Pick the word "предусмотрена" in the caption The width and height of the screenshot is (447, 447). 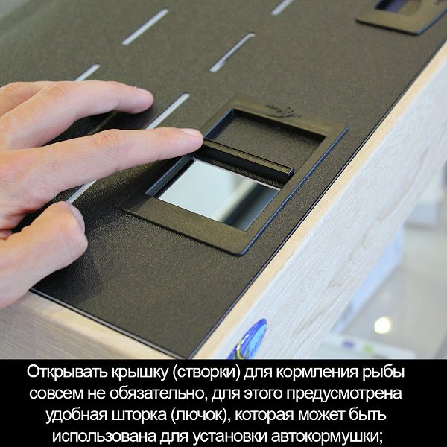pyautogui.click(x=343, y=394)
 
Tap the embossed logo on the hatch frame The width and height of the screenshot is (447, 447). pyautogui.click(x=283, y=112)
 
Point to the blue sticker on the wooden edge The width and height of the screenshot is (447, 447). pyautogui.click(x=248, y=339)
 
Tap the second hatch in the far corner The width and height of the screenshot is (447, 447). pyautogui.click(x=402, y=14)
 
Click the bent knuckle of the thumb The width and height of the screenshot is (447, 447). pyautogui.click(x=73, y=225)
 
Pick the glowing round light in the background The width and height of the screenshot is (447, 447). pyautogui.click(x=383, y=326)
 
